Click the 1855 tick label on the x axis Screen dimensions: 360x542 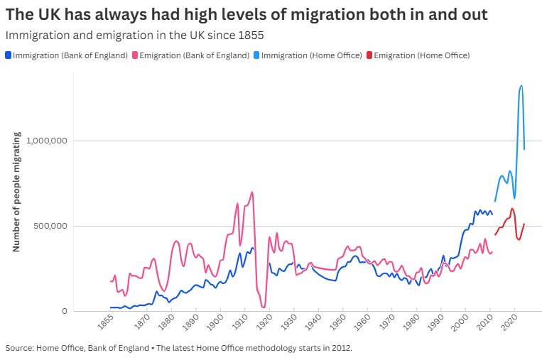(106, 326)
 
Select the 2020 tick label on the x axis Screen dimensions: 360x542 (509, 326)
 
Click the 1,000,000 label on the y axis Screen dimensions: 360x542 (46, 141)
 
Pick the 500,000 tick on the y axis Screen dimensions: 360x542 (51, 226)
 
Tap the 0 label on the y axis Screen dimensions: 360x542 (64, 311)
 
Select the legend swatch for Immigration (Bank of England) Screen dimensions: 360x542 (8, 55)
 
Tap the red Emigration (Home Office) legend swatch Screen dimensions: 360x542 (369, 55)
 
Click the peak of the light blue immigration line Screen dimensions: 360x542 (521, 86)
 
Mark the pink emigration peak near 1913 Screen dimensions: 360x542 (251, 192)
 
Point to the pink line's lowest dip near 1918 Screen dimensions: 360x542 (264, 307)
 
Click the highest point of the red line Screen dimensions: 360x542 (512, 209)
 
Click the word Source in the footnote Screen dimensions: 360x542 (18, 348)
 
